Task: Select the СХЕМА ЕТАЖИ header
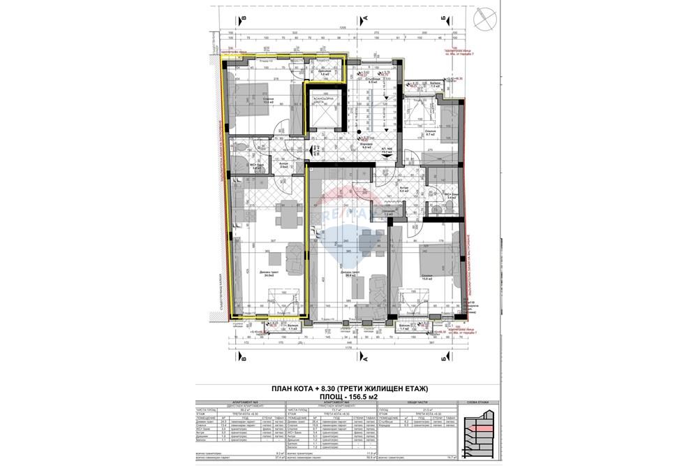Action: [475, 403]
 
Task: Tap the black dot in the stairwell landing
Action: [358, 131]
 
